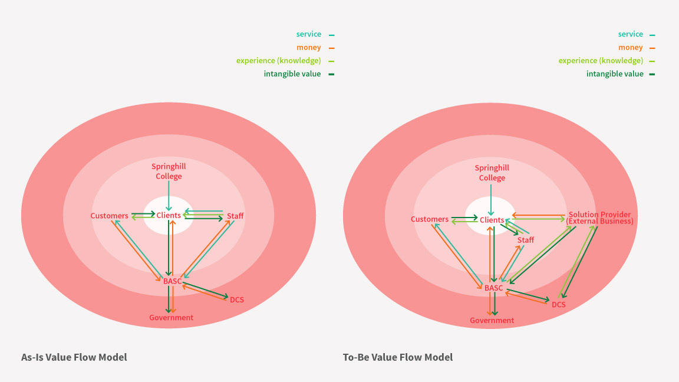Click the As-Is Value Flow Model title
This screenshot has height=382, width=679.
pyautogui.click(x=74, y=357)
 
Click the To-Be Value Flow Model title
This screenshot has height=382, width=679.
pyautogui.click(x=398, y=357)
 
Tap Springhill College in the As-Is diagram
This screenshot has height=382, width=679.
pyautogui.click(x=169, y=172)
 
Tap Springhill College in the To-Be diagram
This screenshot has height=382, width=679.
pyautogui.click(x=492, y=173)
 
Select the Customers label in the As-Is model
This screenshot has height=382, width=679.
pyautogui.click(x=110, y=216)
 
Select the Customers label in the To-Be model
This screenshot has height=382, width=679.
pyautogui.click(x=430, y=219)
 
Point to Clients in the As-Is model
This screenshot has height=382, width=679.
pyautogui.click(x=169, y=216)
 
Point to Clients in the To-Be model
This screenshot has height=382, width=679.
pyautogui.click(x=492, y=220)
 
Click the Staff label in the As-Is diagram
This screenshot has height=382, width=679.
pyautogui.click(x=235, y=216)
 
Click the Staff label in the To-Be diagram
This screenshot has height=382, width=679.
pyautogui.click(x=526, y=240)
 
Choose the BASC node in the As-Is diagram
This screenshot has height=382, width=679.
pyautogui.click(x=173, y=281)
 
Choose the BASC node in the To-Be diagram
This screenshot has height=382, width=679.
pyautogui.click(x=494, y=288)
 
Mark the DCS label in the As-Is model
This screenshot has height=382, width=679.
pyautogui.click(x=237, y=300)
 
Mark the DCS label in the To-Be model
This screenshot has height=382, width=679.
pyautogui.click(x=559, y=305)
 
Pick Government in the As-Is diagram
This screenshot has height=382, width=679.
pyautogui.click(x=171, y=318)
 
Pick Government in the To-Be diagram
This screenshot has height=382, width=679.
pyautogui.click(x=492, y=321)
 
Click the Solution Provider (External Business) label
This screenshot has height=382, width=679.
pyautogui.click(x=599, y=218)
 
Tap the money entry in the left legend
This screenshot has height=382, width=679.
pyautogui.click(x=309, y=48)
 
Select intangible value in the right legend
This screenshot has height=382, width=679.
pyautogui.click(x=615, y=74)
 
